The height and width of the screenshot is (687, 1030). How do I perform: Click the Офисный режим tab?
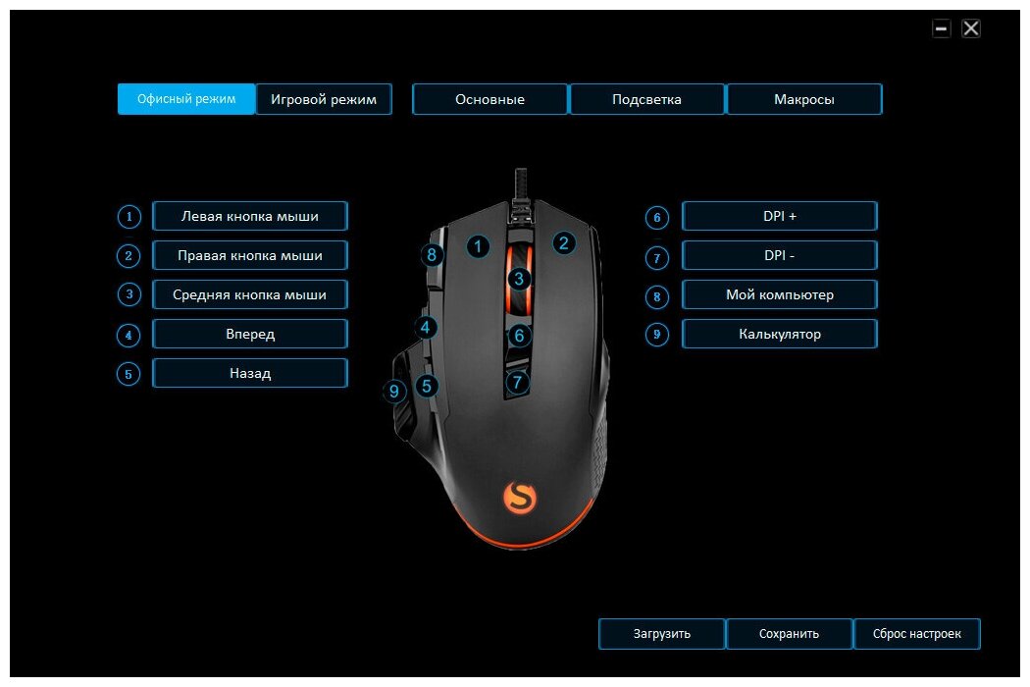(186, 99)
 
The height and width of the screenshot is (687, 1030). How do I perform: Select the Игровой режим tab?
(324, 99)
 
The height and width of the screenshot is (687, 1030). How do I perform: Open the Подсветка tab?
(646, 99)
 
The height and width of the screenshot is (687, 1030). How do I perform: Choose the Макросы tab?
(803, 99)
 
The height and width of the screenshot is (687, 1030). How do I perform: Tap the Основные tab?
(489, 99)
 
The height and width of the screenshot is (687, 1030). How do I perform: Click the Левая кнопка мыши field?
(250, 216)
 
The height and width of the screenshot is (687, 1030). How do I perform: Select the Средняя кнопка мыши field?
(250, 294)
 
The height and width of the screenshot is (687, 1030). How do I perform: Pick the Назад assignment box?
(250, 373)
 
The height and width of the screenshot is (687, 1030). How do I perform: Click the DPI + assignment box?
(779, 216)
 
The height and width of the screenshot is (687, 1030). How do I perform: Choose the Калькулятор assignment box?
(779, 334)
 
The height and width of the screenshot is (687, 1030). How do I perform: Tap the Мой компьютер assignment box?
(779, 294)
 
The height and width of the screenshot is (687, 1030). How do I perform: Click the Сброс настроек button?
(916, 634)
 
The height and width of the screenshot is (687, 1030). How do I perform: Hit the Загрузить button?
(662, 634)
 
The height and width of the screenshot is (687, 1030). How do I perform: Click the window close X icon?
(971, 28)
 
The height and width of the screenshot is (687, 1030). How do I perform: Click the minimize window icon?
(942, 28)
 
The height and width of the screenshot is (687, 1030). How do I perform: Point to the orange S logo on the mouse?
(519, 497)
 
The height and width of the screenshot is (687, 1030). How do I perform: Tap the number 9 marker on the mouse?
(394, 392)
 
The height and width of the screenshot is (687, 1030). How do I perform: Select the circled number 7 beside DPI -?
(657, 257)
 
